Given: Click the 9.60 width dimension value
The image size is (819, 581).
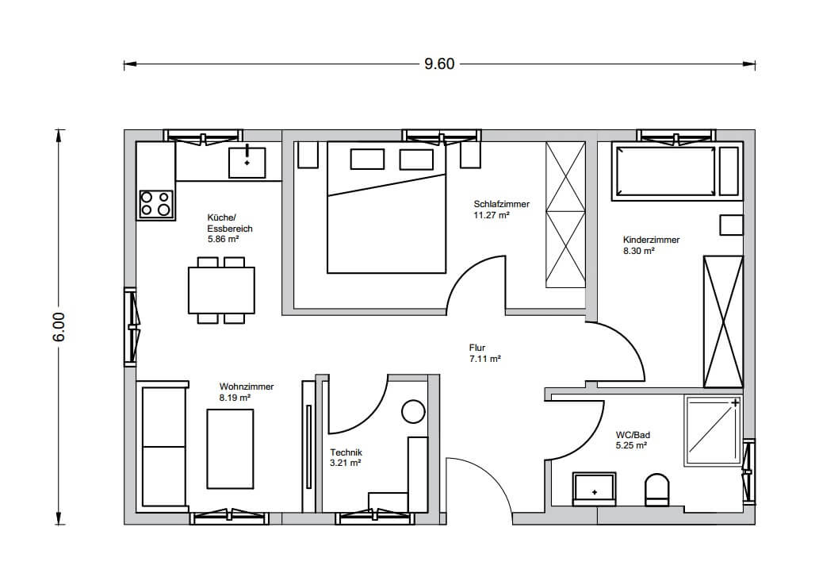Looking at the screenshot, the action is tap(439, 63).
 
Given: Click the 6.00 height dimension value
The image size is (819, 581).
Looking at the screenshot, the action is tap(59, 327).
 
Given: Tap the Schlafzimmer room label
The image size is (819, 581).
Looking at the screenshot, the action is tap(501, 204).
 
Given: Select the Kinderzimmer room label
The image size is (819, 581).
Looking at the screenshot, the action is tap(652, 240).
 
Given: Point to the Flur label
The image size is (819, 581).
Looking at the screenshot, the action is tap(476, 347).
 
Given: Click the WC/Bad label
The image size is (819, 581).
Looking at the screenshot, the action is tap(633, 435).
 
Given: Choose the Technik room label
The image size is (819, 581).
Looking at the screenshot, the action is tap(346, 452).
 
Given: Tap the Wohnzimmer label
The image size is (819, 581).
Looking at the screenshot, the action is tap(247, 387).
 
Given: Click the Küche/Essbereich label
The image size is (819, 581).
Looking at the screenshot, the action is tap(230, 223).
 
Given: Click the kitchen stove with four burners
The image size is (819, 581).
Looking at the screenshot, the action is tap(156, 203).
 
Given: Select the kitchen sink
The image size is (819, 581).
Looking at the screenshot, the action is tap(247, 163).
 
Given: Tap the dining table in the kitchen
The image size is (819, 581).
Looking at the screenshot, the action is tap(221, 290).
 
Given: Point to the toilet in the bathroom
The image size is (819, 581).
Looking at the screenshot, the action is tap(657, 490).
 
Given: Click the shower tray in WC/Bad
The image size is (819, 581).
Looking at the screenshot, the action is tap(713, 431).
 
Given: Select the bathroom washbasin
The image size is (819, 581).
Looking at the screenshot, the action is tap(595, 489).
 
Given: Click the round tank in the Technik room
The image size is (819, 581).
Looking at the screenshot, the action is tap(414, 412).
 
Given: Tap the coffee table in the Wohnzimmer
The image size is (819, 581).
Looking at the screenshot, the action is tap(231, 448).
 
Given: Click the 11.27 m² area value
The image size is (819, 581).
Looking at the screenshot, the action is tap(492, 215).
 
